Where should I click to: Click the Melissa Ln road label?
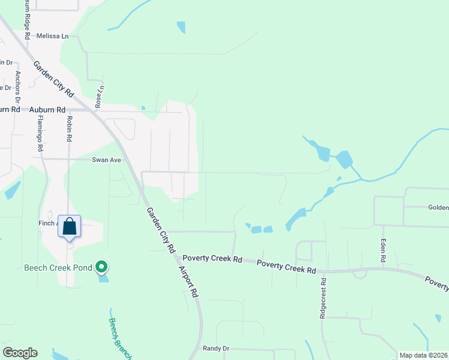(53, 36)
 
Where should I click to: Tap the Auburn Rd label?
(47, 110)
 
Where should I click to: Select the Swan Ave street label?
(107, 160)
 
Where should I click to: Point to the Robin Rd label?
(70, 128)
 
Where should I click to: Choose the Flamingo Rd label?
(40, 133)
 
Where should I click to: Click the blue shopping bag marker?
(70, 227)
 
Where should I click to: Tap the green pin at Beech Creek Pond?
(102, 266)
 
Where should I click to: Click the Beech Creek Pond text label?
(56, 268)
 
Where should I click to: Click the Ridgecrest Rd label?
(323, 298)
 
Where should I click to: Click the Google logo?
(20, 353)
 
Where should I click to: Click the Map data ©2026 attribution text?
(423, 355)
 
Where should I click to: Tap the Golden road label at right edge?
(438, 208)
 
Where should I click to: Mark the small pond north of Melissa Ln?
(181, 27)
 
